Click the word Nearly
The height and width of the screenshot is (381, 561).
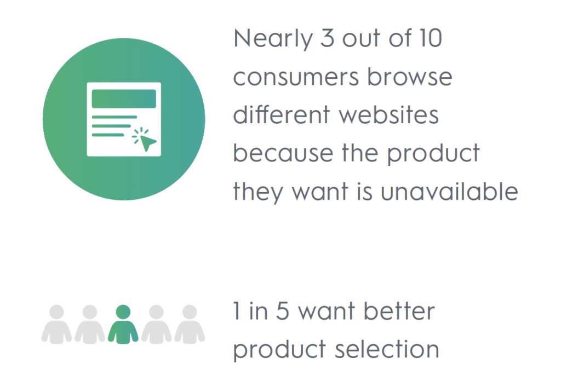point(273,39)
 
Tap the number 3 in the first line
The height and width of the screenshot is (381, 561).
point(328,38)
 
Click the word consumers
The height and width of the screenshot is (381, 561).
point(296,78)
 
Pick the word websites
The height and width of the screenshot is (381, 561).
point(388,114)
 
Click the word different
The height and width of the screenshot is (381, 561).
point(281,114)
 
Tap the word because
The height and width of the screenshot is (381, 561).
point(283,153)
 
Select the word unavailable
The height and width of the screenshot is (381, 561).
point(449,191)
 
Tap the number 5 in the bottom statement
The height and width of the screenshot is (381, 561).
point(282,310)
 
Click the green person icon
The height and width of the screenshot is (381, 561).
point(123,324)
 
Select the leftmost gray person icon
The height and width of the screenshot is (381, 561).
point(56,324)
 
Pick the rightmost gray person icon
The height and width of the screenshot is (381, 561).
point(190,324)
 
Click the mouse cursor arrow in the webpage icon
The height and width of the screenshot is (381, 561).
point(147,142)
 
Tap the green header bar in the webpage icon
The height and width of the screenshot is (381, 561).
point(124,99)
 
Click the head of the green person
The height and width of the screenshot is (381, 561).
point(123,311)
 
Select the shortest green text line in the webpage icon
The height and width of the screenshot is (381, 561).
point(108,135)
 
